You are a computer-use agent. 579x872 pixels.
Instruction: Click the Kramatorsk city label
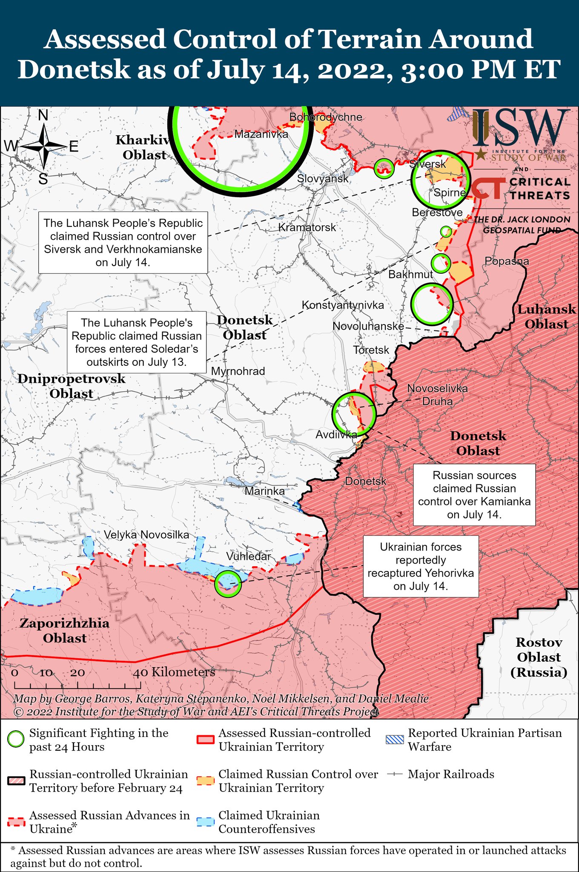pyautogui.click(x=307, y=227)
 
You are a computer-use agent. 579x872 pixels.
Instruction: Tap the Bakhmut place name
pyautogui.click(x=410, y=274)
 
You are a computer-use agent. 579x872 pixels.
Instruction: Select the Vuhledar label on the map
pyautogui.click(x=248, y=556)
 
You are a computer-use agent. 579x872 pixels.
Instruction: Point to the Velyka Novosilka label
pyautogui.click(x=146, y=535)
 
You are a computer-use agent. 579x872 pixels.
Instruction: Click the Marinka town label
pyautogui.click(x=264, y=491)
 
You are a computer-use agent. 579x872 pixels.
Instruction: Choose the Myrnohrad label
pyautogui.click(x=238, y=371)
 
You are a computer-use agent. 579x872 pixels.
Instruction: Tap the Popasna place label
pyautogui.click(x=507, y=261)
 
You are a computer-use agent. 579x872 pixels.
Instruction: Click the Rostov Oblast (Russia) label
pyautogui.click(x=539, y=657)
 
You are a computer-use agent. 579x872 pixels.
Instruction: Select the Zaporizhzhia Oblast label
pyautogui.click(x=65, y=631)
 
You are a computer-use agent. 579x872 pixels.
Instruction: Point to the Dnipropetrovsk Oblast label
pyautogui.click(x=71, y=386)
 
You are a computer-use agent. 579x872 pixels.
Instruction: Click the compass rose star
pyautogui.click(x=43, y=147)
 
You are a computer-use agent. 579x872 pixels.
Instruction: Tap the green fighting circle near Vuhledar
pyautogui.click(x=228, y=583)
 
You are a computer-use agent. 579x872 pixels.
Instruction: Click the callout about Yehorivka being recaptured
pyautogui.click(x=421, y=566)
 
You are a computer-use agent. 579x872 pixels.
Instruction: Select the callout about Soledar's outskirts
pyautogui.click(x=136, y=342)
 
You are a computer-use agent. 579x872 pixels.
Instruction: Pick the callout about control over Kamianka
pyautogui.click(x=474, y=495)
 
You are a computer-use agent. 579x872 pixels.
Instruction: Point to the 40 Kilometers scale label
pyautogui.click(x=174, y=672)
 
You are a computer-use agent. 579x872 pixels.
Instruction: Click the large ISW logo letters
pyautogui.click(x=521, y=128)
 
